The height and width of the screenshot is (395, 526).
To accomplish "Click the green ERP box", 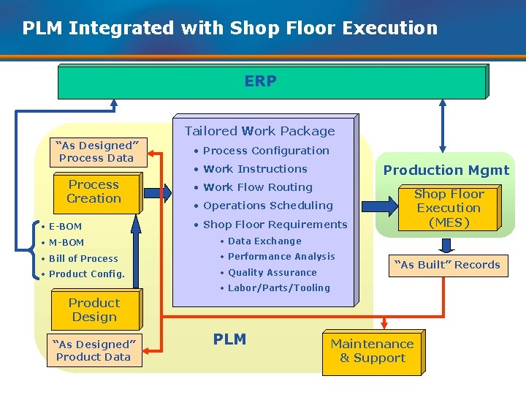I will tap(271, 82).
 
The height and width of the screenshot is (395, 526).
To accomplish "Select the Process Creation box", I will tap(94, 192).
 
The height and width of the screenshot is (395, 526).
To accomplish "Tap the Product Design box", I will tap(94, 310).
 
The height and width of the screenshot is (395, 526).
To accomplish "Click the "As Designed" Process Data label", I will tap(96, 151).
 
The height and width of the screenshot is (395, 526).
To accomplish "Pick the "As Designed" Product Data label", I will tap(93, 350).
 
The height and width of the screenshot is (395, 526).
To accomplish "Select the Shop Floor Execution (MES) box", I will tap(449, 208).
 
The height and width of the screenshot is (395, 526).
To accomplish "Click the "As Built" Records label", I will tap(447, 265).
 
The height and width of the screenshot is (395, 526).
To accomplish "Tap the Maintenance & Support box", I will tap(372, 351).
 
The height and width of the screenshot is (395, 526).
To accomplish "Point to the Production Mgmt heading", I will tap(446, 170).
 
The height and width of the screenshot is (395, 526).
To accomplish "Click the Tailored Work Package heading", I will tap(259, 131).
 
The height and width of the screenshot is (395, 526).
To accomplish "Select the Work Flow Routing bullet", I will tap(257, 187).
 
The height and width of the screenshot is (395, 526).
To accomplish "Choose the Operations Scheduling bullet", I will tap(267, 206).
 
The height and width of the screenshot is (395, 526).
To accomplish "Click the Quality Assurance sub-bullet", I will tap(272, 272).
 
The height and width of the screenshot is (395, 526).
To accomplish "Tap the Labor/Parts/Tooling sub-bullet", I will tap(278, 288).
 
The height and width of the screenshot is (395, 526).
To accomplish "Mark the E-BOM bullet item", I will tap(65, 227).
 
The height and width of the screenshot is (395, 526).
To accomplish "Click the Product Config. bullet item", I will tap(86, 274).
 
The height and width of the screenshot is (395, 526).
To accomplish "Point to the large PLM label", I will tap(229, 339).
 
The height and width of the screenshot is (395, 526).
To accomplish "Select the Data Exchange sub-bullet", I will tap(264, 241).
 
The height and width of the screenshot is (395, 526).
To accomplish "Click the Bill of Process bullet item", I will tap(83, 258).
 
